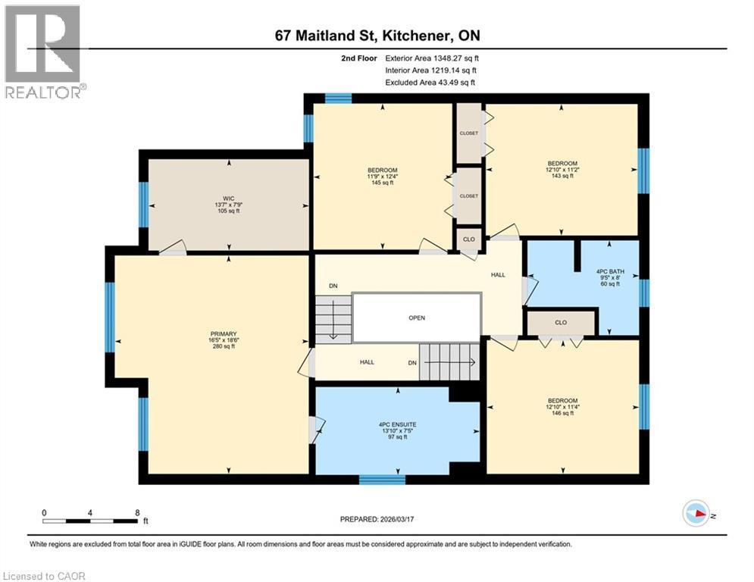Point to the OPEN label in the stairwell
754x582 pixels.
[417, 318]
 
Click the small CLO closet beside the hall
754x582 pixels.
[469, 239]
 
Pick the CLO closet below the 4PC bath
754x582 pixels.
[561, 323]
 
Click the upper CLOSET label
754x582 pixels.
[469, 133]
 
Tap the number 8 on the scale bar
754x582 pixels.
[136, 513]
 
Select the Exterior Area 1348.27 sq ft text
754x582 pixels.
[432, 58]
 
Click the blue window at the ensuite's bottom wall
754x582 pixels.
[382, 479]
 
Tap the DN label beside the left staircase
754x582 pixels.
[333, 286]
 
